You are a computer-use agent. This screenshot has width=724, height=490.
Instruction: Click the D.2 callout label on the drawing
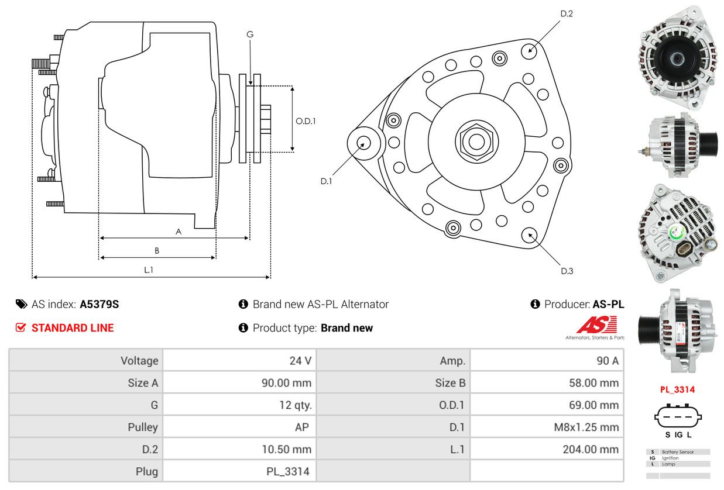tap(566, 13)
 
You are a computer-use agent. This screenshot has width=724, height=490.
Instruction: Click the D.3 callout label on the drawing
tap(567, 271)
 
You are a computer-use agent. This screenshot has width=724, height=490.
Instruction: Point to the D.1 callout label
tap(326, 181)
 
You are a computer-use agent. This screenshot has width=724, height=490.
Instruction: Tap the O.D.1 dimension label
tap(306, 121)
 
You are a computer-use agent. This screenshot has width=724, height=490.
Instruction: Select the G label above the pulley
tap(250, 34)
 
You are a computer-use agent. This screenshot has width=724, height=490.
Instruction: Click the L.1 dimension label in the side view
tap(149, 270)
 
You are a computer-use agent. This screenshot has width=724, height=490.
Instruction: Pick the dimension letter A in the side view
tap(179, 232)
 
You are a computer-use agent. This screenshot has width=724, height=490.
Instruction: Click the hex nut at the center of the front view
tap(474, 141)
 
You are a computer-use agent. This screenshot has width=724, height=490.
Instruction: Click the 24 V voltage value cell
tap(300, 361)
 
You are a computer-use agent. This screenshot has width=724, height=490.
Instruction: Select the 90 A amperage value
tap(607, 361)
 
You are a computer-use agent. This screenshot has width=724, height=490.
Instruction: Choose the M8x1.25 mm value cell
tap(586, 427)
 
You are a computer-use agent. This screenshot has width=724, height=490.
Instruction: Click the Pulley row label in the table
tap(143, 427)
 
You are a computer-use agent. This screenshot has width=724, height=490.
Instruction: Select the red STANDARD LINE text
tap(73, 328)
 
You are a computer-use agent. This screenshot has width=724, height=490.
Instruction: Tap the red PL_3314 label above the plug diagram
tap(678, 389)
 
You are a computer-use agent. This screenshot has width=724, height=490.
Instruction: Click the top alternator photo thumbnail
tap(678, 57)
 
